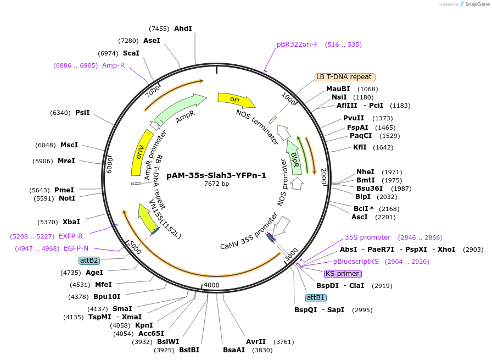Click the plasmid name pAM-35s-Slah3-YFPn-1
tap(216, 175)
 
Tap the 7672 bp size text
tap(216, 184)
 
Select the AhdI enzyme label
tap(183, 28)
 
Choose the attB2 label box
tap(89, 260)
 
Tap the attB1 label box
tap(316, 297)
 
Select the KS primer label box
tap(342, 274)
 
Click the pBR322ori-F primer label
tap(297, 45)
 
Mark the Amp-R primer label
tap(113, 65)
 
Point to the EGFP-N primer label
tap(76, 248)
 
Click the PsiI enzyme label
tap(82, 113)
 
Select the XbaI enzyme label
tap(71, 222)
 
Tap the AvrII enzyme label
tap(255, 341)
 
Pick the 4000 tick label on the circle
tap(211, 285)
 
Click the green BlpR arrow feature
tap(296, 157)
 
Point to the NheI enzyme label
tap(365, 172)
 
